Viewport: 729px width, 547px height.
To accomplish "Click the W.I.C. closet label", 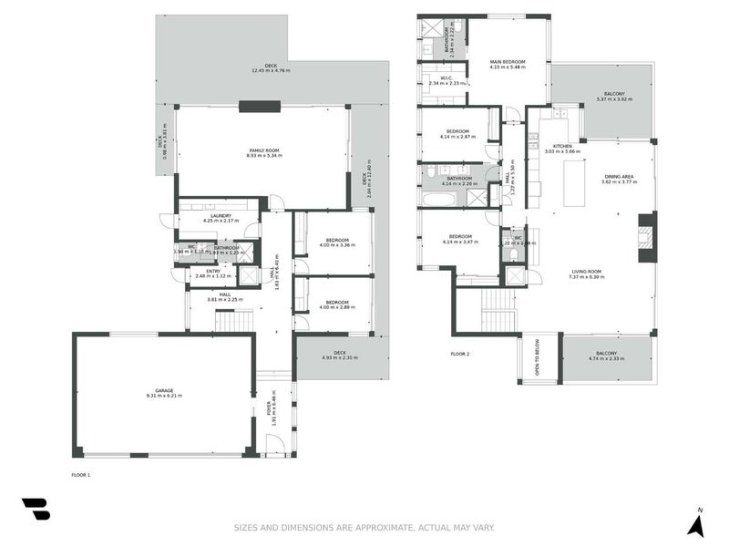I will point(447,79).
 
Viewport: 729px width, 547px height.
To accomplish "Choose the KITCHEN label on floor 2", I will point(562,147).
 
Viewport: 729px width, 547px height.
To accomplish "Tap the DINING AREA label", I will point(620,179).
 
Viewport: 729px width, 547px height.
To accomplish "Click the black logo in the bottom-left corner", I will point(36,510).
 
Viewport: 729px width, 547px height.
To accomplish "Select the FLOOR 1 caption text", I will point(81,475).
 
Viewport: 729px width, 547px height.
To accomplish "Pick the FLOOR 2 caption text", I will point(460,354).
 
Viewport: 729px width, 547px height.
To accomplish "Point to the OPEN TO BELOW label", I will point(538,361).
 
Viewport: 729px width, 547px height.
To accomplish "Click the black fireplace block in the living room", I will point(646,232).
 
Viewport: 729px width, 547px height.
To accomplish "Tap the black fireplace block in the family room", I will point(261,107).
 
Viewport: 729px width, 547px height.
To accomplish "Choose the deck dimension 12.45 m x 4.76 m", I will point(271,70).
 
